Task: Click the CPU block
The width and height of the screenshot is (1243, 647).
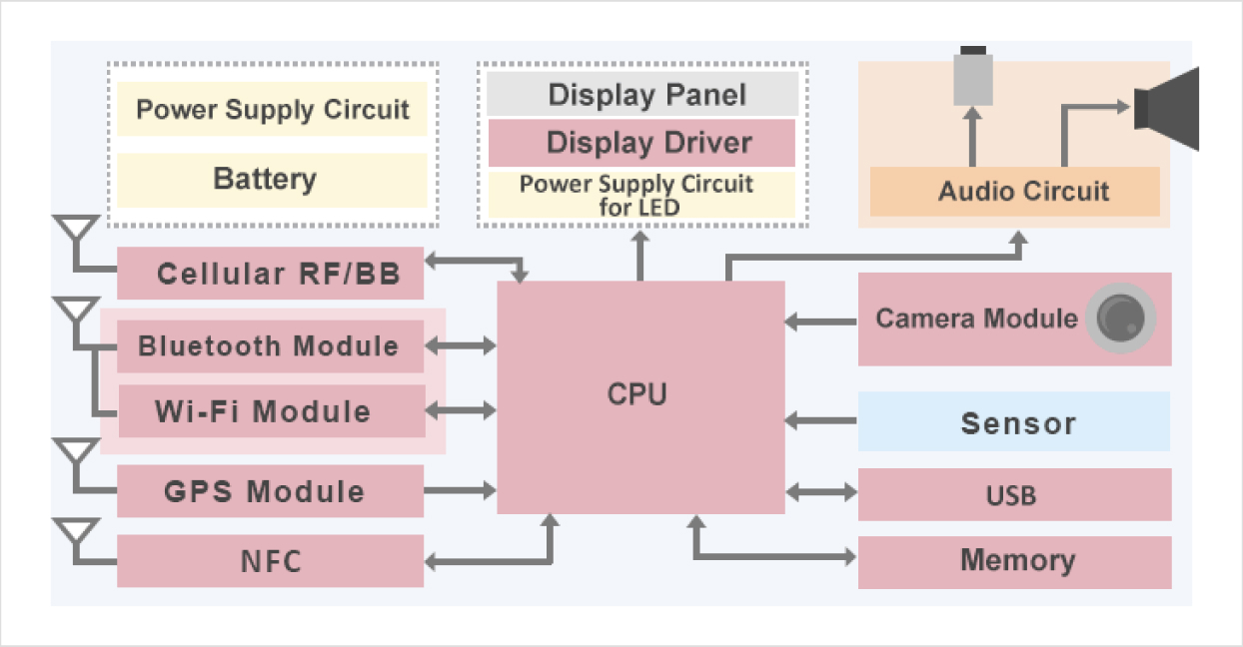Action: point(640,396)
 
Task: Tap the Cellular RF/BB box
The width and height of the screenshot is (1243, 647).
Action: point(270,274)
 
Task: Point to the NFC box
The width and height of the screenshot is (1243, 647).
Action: point(270,561)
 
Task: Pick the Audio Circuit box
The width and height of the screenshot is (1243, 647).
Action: point(1014,192)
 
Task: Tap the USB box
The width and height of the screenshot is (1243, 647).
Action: point(1014,495)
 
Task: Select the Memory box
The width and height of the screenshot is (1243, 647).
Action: point(1014,561)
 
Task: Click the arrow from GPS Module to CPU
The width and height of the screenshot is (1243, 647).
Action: point(461,490)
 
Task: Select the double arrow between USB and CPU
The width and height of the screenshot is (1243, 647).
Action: point(821,491)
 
